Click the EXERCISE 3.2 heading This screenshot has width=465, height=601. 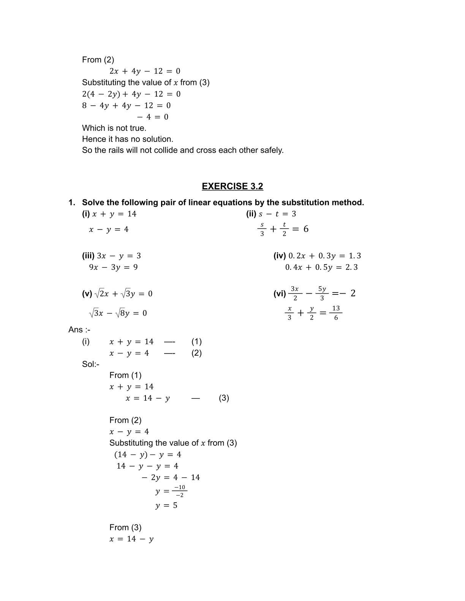tap(232, 186)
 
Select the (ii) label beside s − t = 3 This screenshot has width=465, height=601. tap(251, 214)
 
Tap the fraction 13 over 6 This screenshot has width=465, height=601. tap(336, 313)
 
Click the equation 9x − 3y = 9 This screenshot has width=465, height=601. tap(113, 267)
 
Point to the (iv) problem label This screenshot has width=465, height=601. tap(280, 256)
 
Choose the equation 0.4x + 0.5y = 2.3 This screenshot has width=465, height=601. tap(321, 267)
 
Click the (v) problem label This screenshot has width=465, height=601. tap(87, 294)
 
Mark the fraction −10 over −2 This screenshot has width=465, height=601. tap(180, 491)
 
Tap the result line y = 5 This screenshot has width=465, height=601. tap(166, 506)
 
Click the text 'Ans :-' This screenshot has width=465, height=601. tap(79, 330)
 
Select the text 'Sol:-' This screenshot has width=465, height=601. tap(91, 364)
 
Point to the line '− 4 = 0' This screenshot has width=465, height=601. tap(153, 117)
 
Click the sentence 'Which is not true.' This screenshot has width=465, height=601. tap(114, 128)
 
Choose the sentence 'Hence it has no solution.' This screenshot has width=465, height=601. tap(128, 139)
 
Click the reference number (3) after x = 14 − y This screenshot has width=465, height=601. tap(224, 398)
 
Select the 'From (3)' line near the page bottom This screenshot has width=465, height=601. tap(125, 527)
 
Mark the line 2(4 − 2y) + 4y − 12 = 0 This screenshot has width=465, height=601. tap(131, 94)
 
